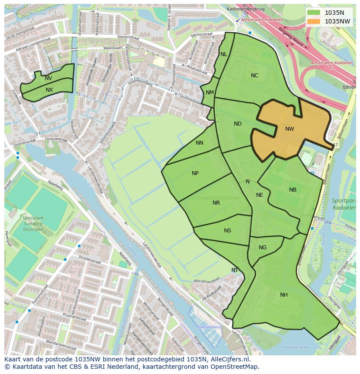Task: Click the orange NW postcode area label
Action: (290, 129)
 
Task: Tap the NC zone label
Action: (254, 76)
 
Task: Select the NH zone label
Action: (283, 295)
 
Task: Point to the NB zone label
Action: (293, 190)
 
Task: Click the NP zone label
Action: (195, 173)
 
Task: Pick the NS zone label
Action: (227, 231)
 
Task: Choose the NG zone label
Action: (263, 248)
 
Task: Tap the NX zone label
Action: (49, 90)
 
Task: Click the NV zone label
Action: (48, 78)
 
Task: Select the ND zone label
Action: (237, 124)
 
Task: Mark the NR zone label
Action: (216, 203)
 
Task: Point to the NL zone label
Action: (223, 54)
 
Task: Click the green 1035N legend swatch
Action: (313, 13)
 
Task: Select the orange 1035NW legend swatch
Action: (313, 21)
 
